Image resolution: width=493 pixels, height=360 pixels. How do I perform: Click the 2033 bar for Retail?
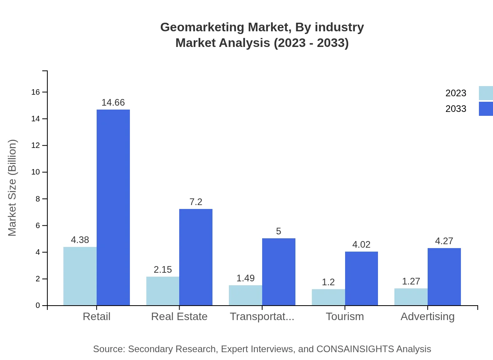pos(113,207)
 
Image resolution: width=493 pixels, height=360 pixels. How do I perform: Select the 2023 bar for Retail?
pos(80,276)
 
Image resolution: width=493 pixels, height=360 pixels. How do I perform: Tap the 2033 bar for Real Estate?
pos(196,257)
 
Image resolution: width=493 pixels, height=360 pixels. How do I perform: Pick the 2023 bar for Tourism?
pos(328,297)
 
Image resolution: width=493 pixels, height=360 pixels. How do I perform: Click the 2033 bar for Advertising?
pos(444,277)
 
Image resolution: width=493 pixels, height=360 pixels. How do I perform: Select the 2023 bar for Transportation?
pos(245,295)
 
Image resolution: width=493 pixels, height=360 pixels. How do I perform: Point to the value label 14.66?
pos(113,103)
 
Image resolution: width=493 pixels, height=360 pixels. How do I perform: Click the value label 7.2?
pos(196,202)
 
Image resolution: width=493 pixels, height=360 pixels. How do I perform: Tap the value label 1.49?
pos(245,278)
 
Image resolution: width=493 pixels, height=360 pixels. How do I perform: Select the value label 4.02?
pos(361,245)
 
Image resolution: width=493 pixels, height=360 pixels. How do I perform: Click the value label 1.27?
pos(411,281)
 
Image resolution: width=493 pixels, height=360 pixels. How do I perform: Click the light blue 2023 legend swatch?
pos(486,93)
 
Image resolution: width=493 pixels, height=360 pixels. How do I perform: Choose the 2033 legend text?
pos(456,109)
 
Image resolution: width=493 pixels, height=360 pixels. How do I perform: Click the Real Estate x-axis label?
pos(179,316)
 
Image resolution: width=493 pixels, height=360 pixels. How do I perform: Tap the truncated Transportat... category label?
pos(262,316)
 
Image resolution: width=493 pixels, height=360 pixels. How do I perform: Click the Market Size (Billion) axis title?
pos(13,188)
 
